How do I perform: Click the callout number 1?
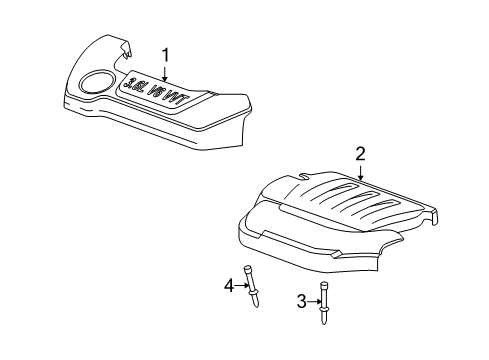pos(167,55)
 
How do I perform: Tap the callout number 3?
pos(301,300)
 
